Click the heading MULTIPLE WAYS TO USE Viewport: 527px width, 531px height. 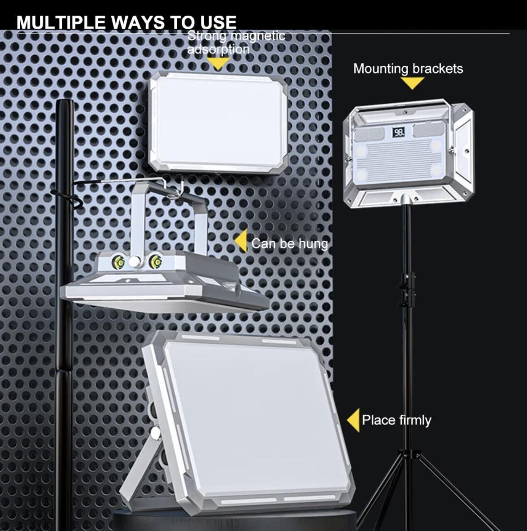coord(126,22)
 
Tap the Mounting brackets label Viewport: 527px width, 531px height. coord(408,69)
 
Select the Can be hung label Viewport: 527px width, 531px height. coord(290,243)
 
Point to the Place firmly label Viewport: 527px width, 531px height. coord(396,420)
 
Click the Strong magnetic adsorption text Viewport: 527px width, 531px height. coord(236,43)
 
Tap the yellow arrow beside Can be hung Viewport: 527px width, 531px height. coord(241,241)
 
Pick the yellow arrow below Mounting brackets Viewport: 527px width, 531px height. coord(412,83)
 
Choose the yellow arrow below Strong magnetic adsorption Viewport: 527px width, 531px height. coord(218,63)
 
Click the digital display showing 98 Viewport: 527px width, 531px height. coord(399,132)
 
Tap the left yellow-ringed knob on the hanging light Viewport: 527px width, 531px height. coord(120,262)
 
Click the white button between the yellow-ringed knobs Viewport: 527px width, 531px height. coord(135,261)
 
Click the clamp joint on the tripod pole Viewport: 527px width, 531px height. coord(407,290)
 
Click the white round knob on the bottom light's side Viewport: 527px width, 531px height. coord(155,433)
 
